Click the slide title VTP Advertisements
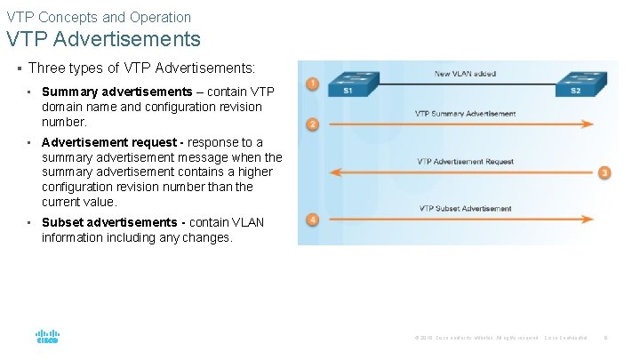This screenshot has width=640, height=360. click(103, 40)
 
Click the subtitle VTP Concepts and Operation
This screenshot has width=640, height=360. click(99, 17)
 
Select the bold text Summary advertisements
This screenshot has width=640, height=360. click(116, 92)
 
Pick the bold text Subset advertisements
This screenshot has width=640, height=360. click(109, 222)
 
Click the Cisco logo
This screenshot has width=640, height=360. click(47, 338)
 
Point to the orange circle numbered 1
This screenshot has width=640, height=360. click(312, 84)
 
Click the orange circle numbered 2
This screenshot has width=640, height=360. click(312, 124)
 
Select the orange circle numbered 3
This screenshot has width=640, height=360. click(604, 172)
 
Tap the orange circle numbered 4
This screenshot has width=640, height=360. click(312, 220)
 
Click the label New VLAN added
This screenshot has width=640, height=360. click(465, 74)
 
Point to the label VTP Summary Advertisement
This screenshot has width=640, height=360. click(465, 114)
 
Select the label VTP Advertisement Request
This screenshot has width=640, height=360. click(465, 162)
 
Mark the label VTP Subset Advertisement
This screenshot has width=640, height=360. click(465, 209)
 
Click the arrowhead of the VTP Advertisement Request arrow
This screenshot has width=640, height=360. click(334, 172)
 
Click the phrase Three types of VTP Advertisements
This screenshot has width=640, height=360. click(141, 68)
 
